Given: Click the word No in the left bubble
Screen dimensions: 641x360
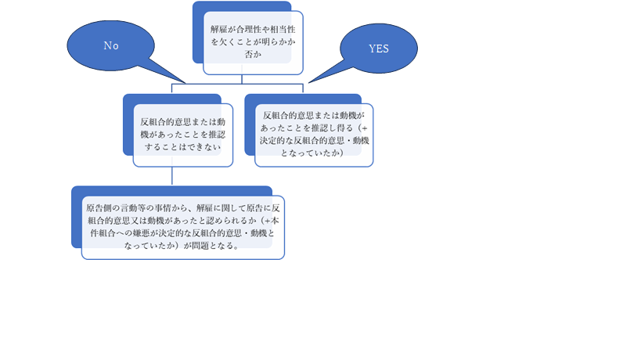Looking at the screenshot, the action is pos(111,45).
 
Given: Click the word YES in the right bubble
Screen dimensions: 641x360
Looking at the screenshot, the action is pos(379,49).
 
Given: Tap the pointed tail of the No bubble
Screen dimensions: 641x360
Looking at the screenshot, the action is pos(185,83).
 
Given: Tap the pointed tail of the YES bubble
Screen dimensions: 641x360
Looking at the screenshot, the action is pos(309,82).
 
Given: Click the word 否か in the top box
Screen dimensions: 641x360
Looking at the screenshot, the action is pos(253,54).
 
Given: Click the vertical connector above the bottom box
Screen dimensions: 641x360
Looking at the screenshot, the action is pos(171,176).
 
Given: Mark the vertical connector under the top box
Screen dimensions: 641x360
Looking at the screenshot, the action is pos(242,79).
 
